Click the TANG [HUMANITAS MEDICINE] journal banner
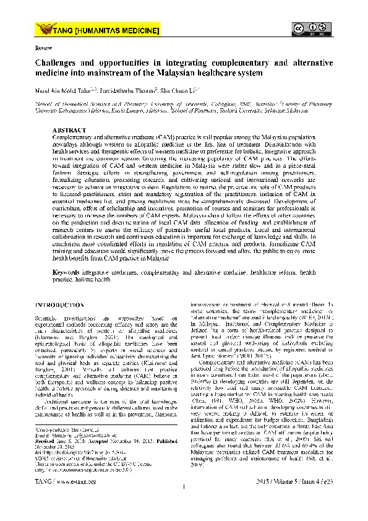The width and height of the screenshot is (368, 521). click(x=99, y=29)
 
